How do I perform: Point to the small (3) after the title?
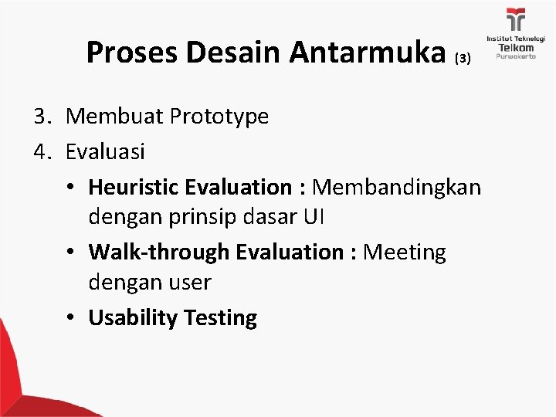pyautogui.click(x=462, y=59)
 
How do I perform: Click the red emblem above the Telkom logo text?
pyautogui.click(x=515, y=19)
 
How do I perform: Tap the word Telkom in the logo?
pyautogui.click(x=515, y=47)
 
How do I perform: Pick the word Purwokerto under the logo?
pyautogui.click(x=515, y=57)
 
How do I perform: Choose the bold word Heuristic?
pyautogui.click(x=134, y=187)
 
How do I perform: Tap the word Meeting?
pyautogui.click(x=405, y=252)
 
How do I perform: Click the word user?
pyautogui.click(x=189, y=283)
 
